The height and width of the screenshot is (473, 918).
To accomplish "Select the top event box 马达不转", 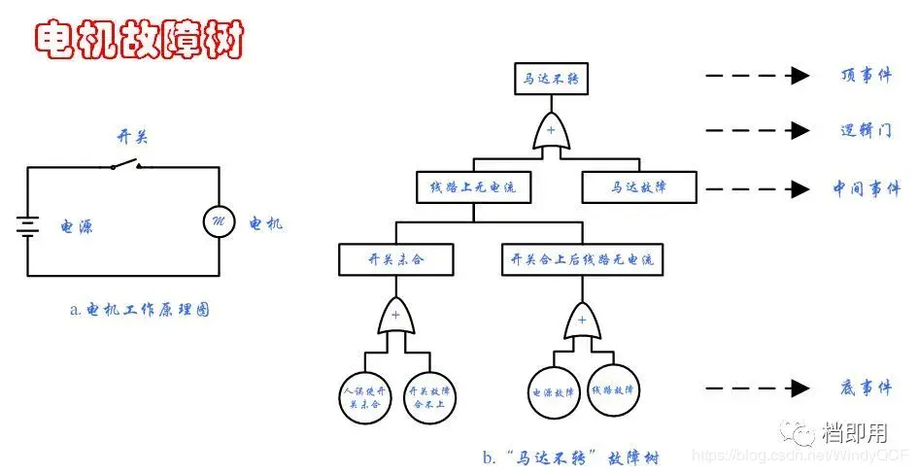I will (551, 79).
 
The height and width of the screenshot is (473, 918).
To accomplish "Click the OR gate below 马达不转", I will (551, 132).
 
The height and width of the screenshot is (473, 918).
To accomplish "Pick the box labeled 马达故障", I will (638, 186).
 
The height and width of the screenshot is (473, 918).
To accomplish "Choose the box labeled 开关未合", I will (396, 259).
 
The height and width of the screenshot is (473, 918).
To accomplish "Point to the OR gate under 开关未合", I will (395, 318).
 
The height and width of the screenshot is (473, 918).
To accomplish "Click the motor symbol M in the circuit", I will (218, 222).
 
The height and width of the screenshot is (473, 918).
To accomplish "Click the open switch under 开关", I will (125, 164).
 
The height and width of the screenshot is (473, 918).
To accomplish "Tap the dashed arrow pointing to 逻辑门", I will (758, 130).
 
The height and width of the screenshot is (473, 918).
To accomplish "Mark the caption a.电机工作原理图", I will (140, 311).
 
